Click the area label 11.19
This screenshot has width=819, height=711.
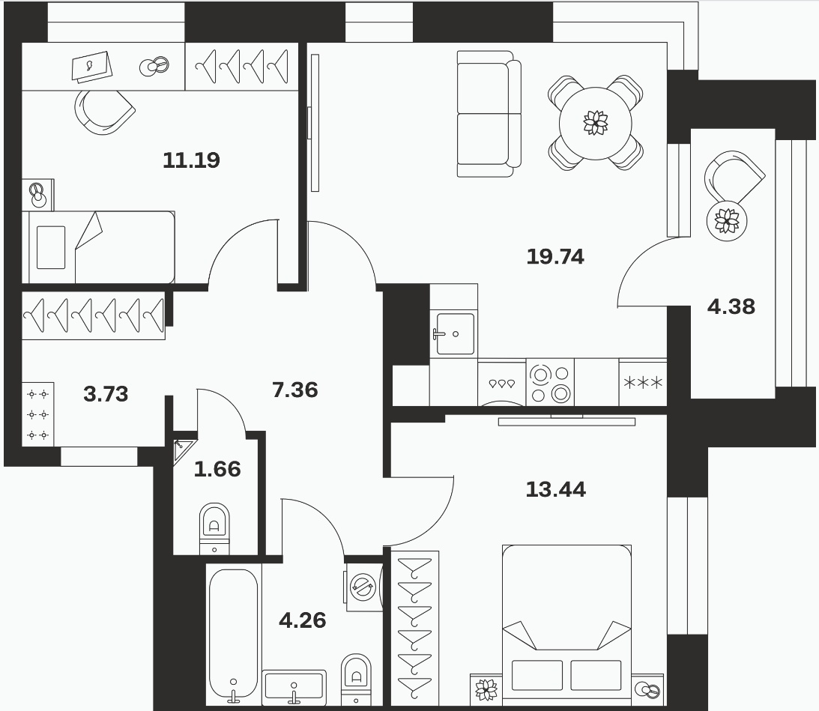coord(191,160)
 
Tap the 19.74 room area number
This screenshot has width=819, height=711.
coord(555,256)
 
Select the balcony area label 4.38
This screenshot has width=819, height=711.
coord(731,306)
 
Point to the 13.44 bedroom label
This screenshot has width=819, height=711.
coord(556,489)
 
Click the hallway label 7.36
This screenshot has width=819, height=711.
coord(295,390)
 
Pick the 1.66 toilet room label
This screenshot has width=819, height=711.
coord(217,469)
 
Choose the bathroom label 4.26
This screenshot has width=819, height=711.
coord(303,620)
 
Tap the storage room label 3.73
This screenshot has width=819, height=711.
coord(106,394)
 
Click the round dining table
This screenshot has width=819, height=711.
coord(596,124)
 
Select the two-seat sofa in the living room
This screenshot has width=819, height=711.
coord(489,114)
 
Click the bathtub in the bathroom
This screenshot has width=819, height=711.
coord(234,635)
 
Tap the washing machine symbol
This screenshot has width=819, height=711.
coord(363,587)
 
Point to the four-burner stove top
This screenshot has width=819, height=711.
coord(550,382)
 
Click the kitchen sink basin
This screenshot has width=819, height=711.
coord(455,334)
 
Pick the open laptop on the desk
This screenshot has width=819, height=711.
coord(92,67)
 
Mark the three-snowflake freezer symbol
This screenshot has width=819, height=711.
coord(643,383)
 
